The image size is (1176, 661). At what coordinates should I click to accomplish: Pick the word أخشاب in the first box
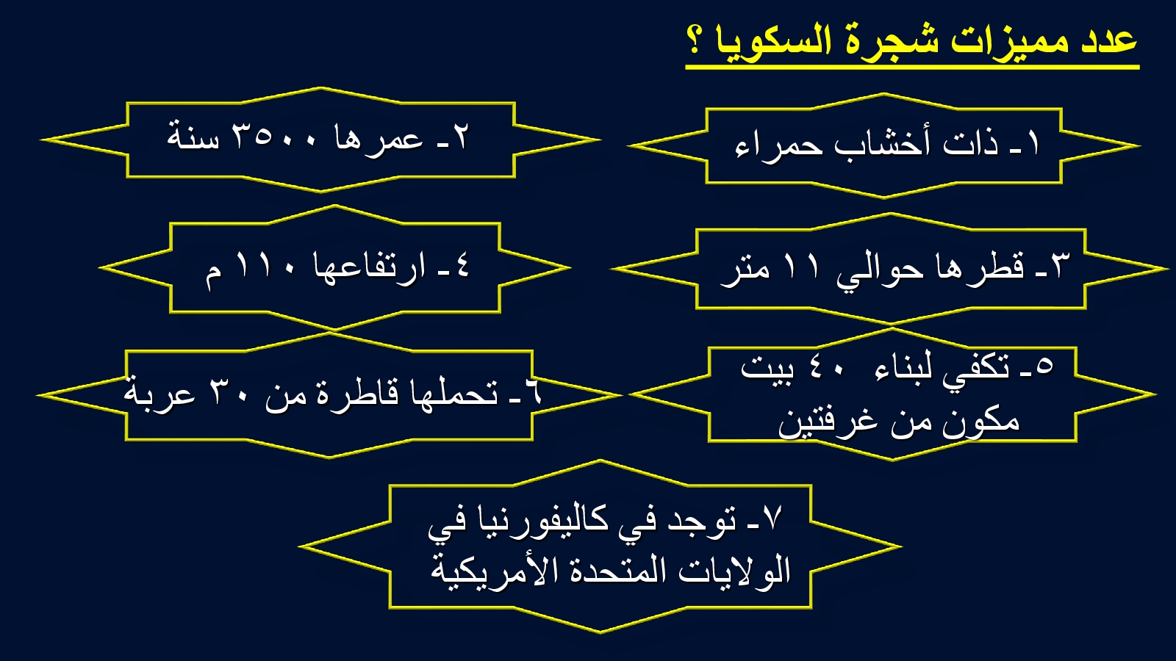[x=882, y=142]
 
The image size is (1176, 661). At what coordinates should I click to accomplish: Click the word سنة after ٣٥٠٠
[x=193, y=137]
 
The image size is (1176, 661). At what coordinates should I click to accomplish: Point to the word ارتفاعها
[x=370, y=267]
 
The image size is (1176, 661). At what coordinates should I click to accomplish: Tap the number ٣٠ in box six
[x=228, y=394]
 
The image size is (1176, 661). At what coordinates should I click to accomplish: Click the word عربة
[x=159, y=394]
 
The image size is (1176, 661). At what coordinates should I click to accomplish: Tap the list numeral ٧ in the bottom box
[x=772, y=517]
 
